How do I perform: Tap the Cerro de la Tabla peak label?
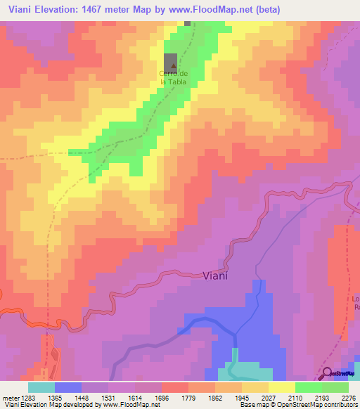tap(174, 77)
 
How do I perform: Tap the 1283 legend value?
tap(28, 397)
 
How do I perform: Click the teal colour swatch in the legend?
tap(41, 387)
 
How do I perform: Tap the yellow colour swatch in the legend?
tap(281, 387)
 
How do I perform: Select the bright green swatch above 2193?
tap(308, 387)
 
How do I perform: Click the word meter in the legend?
tap(10, 397)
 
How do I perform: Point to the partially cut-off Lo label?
tap(355, 297)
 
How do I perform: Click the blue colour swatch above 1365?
tap(67, 387)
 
